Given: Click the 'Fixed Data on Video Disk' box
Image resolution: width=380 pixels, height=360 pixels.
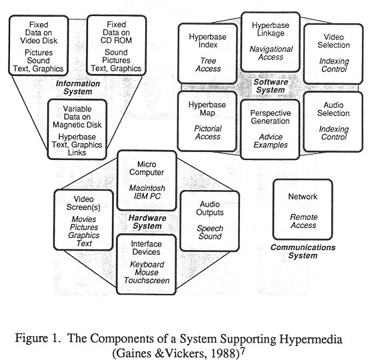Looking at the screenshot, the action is click(39, 45).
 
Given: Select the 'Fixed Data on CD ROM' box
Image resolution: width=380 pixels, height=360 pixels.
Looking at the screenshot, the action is click(117, 45).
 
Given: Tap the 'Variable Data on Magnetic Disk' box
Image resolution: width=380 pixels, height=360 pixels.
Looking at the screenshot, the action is click(77, 129).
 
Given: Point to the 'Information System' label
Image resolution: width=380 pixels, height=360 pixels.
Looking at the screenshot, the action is click(78, 87).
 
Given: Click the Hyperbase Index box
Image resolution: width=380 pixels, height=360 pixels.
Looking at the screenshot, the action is click(207, 53).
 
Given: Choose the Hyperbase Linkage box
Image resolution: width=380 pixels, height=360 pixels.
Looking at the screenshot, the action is click(271, 42).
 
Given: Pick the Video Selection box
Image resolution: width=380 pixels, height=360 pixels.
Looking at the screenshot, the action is click(333, 53).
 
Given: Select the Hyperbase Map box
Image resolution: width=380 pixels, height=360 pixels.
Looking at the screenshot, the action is click(207, 121).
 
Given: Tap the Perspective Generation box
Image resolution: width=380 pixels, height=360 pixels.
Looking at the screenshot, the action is click(270, 129).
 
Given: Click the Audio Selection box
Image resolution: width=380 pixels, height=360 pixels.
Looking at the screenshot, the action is click(333, 121).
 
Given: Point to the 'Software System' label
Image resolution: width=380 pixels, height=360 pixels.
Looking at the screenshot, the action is click(271, 86).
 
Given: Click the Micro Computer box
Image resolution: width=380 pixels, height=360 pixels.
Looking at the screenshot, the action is click(147, 181).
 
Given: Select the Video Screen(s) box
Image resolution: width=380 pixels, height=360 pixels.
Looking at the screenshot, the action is click(83, 219).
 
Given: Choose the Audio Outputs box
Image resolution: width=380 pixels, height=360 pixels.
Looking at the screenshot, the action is click(210, 221).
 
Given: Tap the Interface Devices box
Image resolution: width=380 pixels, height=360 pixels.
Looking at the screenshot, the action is click(147, 265).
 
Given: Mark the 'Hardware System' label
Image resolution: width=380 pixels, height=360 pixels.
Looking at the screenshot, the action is click(147, 222).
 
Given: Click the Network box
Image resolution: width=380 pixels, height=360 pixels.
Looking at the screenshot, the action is click(303, 209).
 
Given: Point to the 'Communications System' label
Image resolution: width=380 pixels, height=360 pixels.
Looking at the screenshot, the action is click(303, 251).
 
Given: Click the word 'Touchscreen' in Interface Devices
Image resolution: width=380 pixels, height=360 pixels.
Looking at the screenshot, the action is click(147, 281).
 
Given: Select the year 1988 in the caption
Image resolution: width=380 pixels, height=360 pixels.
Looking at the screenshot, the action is click(225, 353).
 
